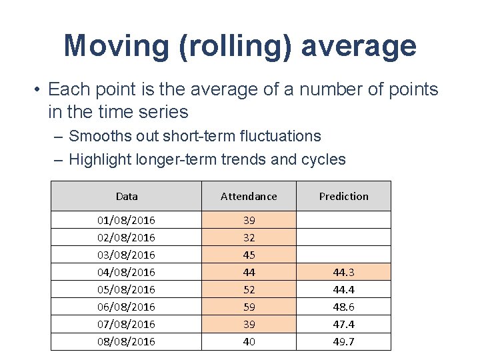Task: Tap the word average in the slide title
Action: click(359, 46)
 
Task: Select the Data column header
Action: click(127, 196)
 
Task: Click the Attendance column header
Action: click(249, 196)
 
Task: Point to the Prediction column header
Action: click(343, 196)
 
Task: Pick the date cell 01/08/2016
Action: click(127, 220)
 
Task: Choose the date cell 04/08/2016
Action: click(127, 272)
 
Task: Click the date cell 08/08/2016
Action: click(127, 341)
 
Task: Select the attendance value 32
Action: click(249, 237)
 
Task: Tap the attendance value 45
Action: click(249, 255)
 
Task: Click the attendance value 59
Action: click(249, 307)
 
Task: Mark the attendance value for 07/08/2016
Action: click(249, 324)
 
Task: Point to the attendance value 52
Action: click(249, 289)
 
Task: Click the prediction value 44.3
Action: click(343, 272)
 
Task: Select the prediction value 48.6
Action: click(343, 307)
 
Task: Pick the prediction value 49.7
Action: click(343, 341)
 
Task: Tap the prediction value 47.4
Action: click(343, 324)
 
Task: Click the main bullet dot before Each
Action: click(39, 89)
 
